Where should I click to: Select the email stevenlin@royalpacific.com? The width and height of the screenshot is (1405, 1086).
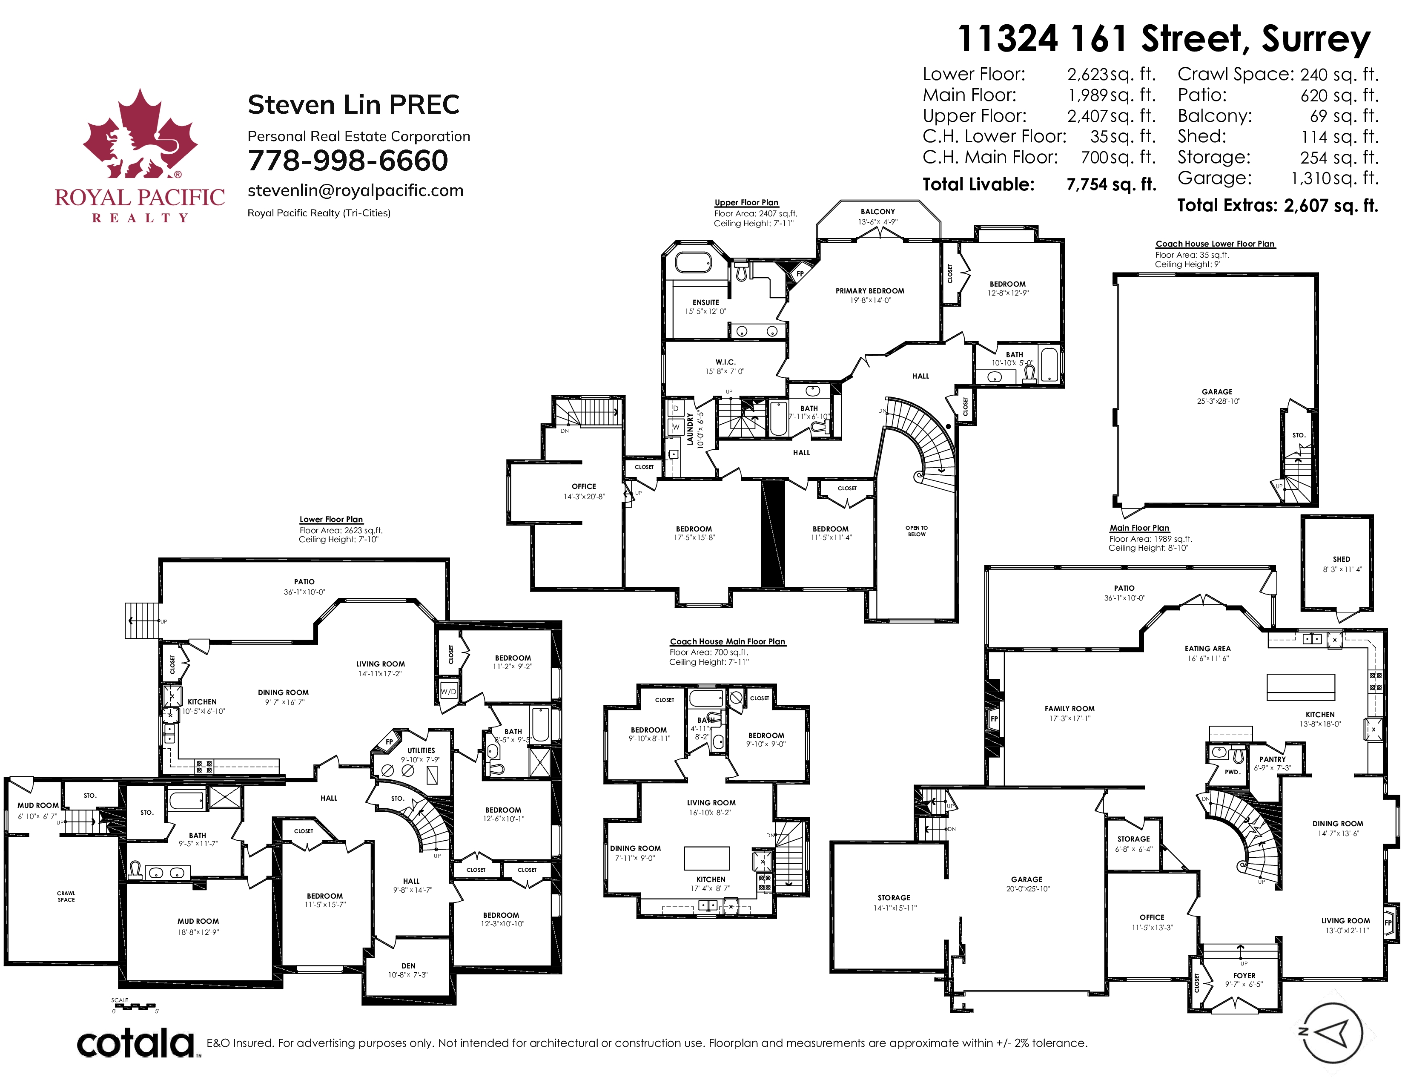click(x=356, y=190)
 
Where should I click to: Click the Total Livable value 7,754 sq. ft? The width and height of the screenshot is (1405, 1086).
click(x=1111, y=185)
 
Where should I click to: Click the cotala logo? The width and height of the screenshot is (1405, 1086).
click(x=136, y=1043)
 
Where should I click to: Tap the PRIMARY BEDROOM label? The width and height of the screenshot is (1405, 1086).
click(x=870, y=291)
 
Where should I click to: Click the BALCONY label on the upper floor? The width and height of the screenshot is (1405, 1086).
click(x=877, y=212)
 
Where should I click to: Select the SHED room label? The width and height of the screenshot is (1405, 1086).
click(x=1341, y=559)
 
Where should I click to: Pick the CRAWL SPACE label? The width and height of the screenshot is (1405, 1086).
click(x=66, y=896)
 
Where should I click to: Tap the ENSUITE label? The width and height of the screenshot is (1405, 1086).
click(x=706, y=302)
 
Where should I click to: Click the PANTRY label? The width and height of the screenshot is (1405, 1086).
click(x=1273, y=759)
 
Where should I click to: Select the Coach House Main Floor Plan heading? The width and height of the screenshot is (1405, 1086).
click(x=728, y=641)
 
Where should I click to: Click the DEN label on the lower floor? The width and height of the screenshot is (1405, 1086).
click(x=408, y=966)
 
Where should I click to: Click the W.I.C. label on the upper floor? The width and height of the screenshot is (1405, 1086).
click(x=725, y=362)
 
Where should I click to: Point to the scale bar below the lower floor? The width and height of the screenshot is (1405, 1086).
click(x=134, y=1005)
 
